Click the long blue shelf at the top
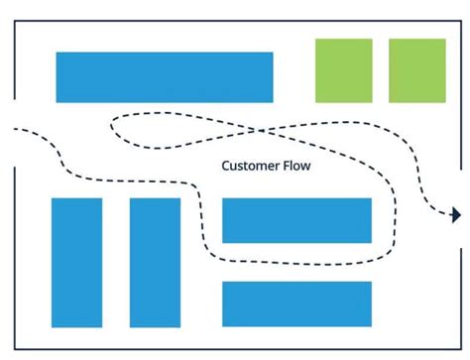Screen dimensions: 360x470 [164, 77]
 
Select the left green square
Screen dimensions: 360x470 [344, 70]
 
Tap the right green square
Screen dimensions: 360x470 [417, 70]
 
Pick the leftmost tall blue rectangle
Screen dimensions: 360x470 [76, 263]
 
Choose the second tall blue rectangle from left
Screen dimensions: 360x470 [155, 263]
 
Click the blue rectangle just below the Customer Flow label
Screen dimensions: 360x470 [296, 220]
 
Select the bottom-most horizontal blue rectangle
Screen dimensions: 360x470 [296, 303]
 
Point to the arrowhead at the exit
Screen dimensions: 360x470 [456, 215]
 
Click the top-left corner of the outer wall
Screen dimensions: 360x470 [14, 20]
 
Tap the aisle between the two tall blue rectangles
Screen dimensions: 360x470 [116, 263]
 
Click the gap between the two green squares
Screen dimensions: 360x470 [381, 70]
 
